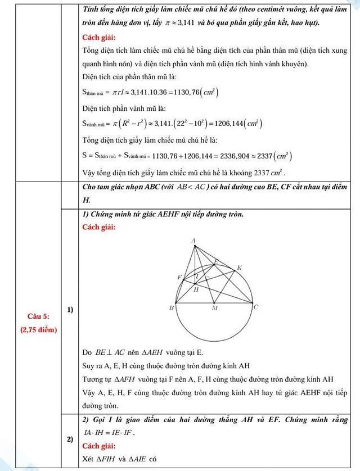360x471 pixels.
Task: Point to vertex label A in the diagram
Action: click(x=193, y=241)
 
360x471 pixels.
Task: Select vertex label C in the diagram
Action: click(x=256, y=307)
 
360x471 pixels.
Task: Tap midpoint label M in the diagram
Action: click(x=214, y=309)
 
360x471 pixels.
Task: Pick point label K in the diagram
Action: click(x=239, y=268)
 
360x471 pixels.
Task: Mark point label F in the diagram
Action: click(x=179, y=278)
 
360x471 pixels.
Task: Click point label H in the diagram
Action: click(x=196, y=290)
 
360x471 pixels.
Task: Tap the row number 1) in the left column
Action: click(x=70, y=310)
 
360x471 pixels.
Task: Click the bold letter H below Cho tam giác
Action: click(x=86, y=200)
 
